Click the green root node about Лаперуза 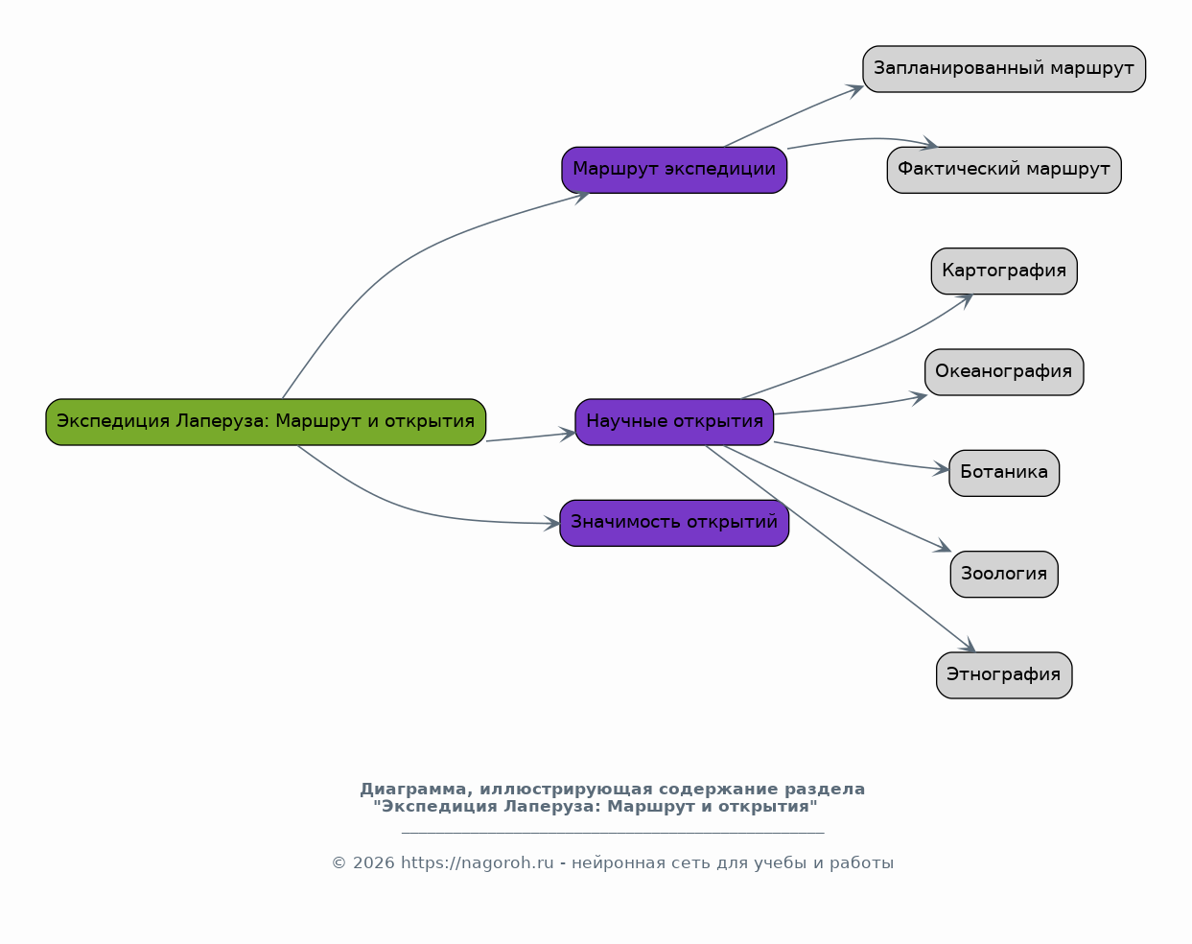click(x=266, y=422)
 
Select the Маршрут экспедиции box click(x=674, y=170)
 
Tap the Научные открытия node click(x=674, y=422)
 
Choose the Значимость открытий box click(x=674, y=523)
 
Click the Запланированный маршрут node click(x=1004, y=69)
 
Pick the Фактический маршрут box click(x=1004, y=170)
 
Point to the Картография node click(x=1004, y=271)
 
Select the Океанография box click(x=1004, y=372)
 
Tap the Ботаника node click(x=1004, y=473)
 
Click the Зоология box click(x=1004, y=574)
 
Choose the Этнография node click(x=1004, y=675)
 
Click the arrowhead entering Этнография click(x=969, y=646)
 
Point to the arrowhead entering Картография click(x=966, y=300)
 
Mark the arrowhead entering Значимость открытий click(x=551, y=523)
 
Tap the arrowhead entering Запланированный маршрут click(x=854, y=90)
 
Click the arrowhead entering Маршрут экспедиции click(x=581, y=198)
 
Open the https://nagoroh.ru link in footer click(x=477, y=863)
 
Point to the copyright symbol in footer click(x=339, y=863)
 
